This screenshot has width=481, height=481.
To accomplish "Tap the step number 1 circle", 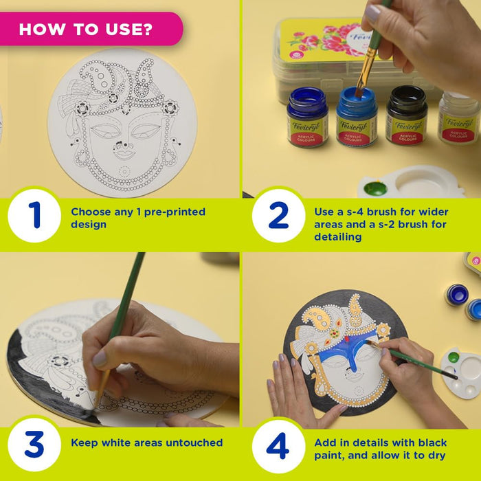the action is click(34, 215).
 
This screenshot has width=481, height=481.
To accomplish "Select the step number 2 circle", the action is click(278, 215).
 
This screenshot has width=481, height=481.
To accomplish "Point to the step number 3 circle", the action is click(34, 445).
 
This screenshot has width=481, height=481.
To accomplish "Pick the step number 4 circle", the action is click(278, 446).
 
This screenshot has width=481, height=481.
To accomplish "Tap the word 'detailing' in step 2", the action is click(338, 237).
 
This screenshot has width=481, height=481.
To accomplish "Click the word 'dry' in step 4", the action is click(436, 456).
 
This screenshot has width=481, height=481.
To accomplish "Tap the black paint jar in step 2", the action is click(407, 115).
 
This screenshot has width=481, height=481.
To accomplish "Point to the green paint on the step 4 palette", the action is click(454, 357).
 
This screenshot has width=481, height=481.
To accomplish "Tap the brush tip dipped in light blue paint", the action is click(359, 93).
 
